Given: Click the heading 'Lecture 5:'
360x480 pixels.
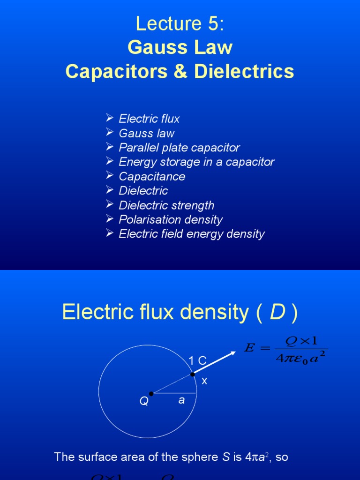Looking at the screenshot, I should pyautogui.click(x=180, y=24).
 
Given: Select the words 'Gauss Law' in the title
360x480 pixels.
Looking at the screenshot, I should pyautogui.click(x=180, y=47).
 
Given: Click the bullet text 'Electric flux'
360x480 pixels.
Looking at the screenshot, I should pyautogui.click(x=149, y=119).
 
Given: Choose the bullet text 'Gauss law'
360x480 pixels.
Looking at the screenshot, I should pyautogui.click(x=146, y=133).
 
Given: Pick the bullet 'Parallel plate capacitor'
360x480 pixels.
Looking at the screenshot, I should pyautogui.click(x=179, y=148).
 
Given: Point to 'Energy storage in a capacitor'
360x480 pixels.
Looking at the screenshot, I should pyautogui.click(x=196, y=162).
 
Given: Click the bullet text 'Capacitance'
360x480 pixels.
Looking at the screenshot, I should pyautogui.click(x=152, y=177).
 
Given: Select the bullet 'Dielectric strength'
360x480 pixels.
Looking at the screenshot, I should pyautogui.click(x=166, y=205).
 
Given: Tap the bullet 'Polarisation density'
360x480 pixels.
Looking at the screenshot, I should pyautogui.click(x=171, y=219).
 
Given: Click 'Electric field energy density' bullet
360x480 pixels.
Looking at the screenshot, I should pyautogui.click(x=192, y=234).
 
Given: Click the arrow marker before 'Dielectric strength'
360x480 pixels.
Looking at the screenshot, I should pyautogui.click(x=110, y=205).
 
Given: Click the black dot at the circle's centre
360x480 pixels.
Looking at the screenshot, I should pyautogui.click(x=151, y=394).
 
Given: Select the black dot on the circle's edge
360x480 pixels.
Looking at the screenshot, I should pyautogui.click(x=192, y=374).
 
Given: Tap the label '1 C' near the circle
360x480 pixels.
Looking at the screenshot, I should pyautogui.click(x=197, y=360).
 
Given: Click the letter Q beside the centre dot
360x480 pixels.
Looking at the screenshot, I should pyautogui.click(x=143, y=402).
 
